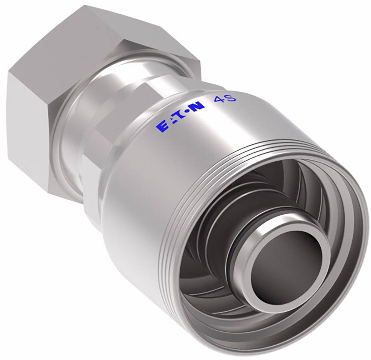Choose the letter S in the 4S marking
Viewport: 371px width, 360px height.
coord(231,98)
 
